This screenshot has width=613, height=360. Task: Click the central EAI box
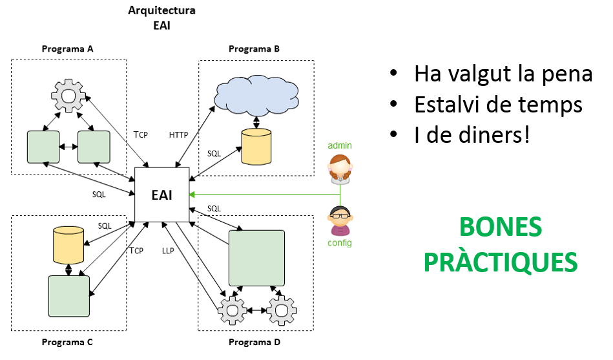tap(161, 194)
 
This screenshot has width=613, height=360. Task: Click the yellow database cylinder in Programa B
tap(256, 146)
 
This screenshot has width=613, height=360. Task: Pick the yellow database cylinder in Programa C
tap(68, 244)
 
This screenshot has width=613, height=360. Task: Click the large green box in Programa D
tap(257, 257)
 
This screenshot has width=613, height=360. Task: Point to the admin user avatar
tap(340, 169)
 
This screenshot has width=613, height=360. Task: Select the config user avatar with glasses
tap(340, 220)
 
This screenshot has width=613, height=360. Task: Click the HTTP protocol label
tap(179, 135)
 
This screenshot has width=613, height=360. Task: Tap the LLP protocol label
tap(168, 251)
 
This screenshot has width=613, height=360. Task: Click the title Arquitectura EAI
tap(161, 18)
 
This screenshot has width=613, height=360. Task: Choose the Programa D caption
tap(255, 342)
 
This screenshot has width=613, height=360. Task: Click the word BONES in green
tap(500, 228)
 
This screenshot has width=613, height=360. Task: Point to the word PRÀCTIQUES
tap(500, 262)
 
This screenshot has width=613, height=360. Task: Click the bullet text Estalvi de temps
tap(498, 105)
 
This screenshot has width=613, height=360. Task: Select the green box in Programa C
tap(68, 295)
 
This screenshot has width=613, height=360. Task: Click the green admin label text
tap(340, 145)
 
